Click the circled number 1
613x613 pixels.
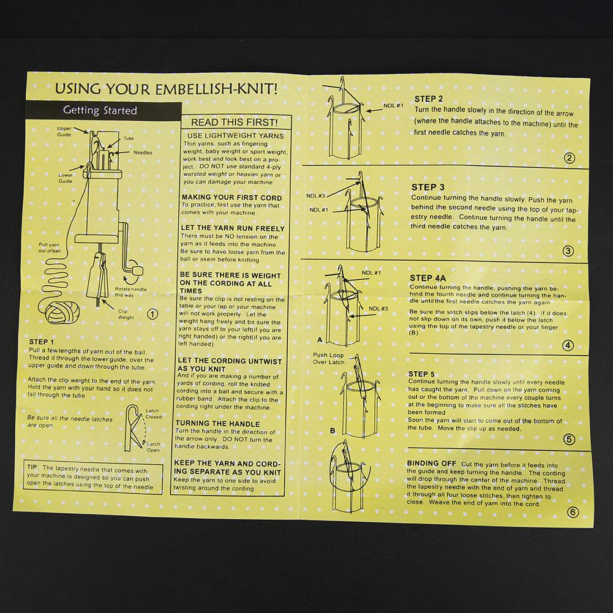152,314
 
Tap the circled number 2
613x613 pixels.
570,159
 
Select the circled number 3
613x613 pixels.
568,251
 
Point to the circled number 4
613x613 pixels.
568,345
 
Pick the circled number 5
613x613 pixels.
570,440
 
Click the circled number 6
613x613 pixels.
573,512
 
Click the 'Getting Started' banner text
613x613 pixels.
100,111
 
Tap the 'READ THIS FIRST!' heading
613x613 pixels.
234,122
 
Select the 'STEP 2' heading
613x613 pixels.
429,99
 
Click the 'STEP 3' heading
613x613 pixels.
427,187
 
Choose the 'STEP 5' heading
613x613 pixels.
421,374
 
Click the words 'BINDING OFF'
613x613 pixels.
431,463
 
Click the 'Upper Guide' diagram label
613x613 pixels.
64,131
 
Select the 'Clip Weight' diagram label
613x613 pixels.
126,314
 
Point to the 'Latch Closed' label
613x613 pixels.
153,413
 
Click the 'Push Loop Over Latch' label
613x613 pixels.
328,358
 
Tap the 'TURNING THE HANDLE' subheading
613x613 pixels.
217,423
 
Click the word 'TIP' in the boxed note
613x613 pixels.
32,467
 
